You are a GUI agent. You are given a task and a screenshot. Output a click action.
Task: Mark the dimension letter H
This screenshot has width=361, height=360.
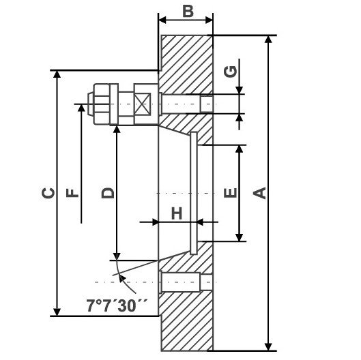tap(176, 213)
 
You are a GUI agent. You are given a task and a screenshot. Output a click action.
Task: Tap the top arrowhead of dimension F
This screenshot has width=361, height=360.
tap(81, 109)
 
